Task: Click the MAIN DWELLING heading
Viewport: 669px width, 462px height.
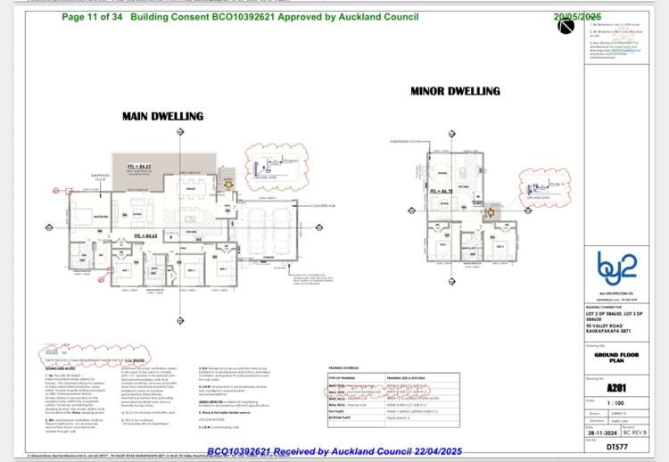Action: pyautogui.click(x=162, y=116)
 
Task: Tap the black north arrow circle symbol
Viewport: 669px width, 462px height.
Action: pyautogui.click(x=566, y=26)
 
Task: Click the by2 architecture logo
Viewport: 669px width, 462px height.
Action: pyautogui.click(x=617, y=265)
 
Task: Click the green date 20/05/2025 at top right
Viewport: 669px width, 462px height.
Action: pyautogui.click(x=579, y=16)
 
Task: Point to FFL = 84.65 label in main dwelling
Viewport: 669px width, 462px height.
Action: pyautogui.click(x=145, y=235)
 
